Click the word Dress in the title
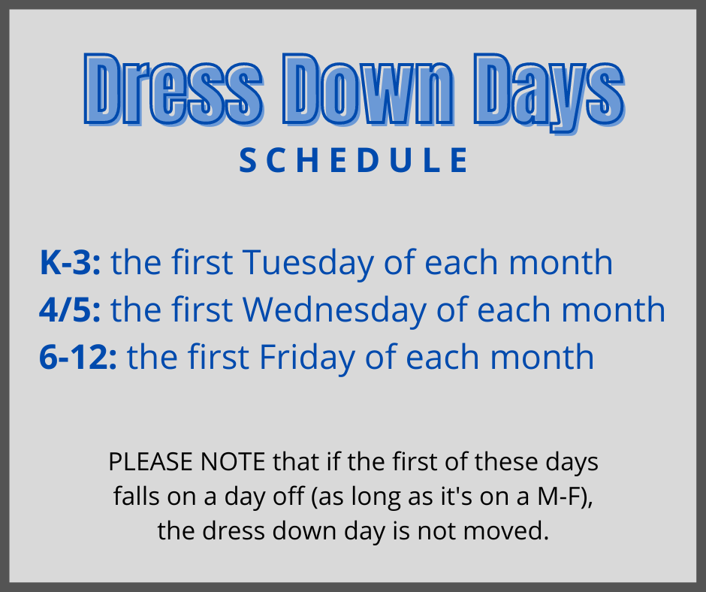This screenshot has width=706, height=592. [x=173, y=89]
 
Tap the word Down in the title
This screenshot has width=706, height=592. [x=368, y=89]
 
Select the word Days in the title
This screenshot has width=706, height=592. [x=549, y=93]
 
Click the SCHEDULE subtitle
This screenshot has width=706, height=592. [x=354, y=160]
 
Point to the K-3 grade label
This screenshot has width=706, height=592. [x=71, y=262]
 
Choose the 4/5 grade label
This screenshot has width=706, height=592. [x=71, y=310]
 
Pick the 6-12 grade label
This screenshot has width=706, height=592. [x=78, y=358]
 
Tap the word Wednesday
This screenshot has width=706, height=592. [x=334, y=311]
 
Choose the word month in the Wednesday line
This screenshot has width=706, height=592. [x=614, y=310]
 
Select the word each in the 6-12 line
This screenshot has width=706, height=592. [x=443, y=358]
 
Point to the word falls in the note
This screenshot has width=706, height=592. [x=137, y=497]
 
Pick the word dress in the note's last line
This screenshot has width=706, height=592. [x=234, y=530]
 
